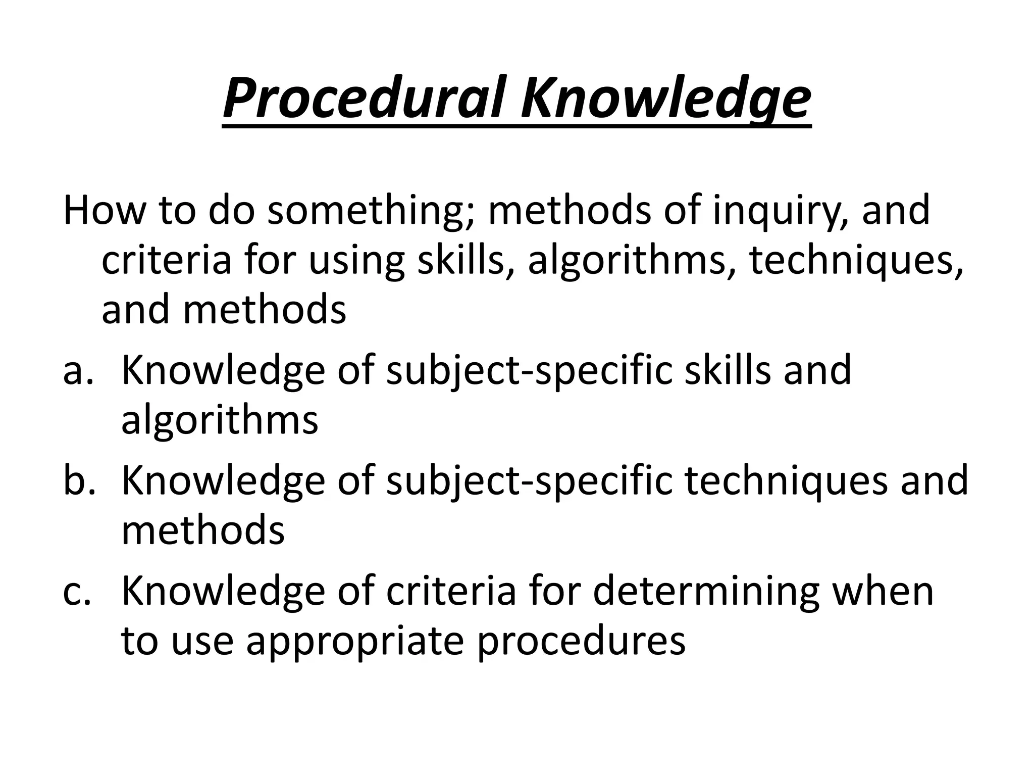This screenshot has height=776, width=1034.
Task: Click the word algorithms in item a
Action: [220, 420]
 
